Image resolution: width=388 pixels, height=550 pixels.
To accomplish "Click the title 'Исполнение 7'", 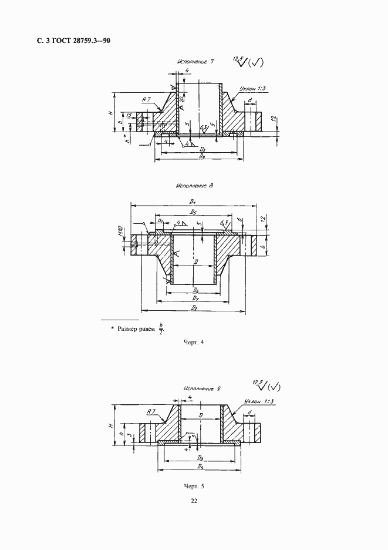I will point(193,61).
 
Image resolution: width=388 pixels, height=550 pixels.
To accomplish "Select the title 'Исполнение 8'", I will point(193,185).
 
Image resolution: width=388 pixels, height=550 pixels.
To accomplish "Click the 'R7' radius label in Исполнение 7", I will point(147,100).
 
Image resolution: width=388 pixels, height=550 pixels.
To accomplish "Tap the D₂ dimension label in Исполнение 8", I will point(194,308).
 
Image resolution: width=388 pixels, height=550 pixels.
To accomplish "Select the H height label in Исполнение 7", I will point(110,112).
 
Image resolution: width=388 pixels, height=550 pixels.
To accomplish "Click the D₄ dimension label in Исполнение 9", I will point(200,467).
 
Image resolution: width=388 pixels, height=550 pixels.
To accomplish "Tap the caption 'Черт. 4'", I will point(193,343).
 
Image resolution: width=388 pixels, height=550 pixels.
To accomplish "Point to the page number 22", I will point(194,501).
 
